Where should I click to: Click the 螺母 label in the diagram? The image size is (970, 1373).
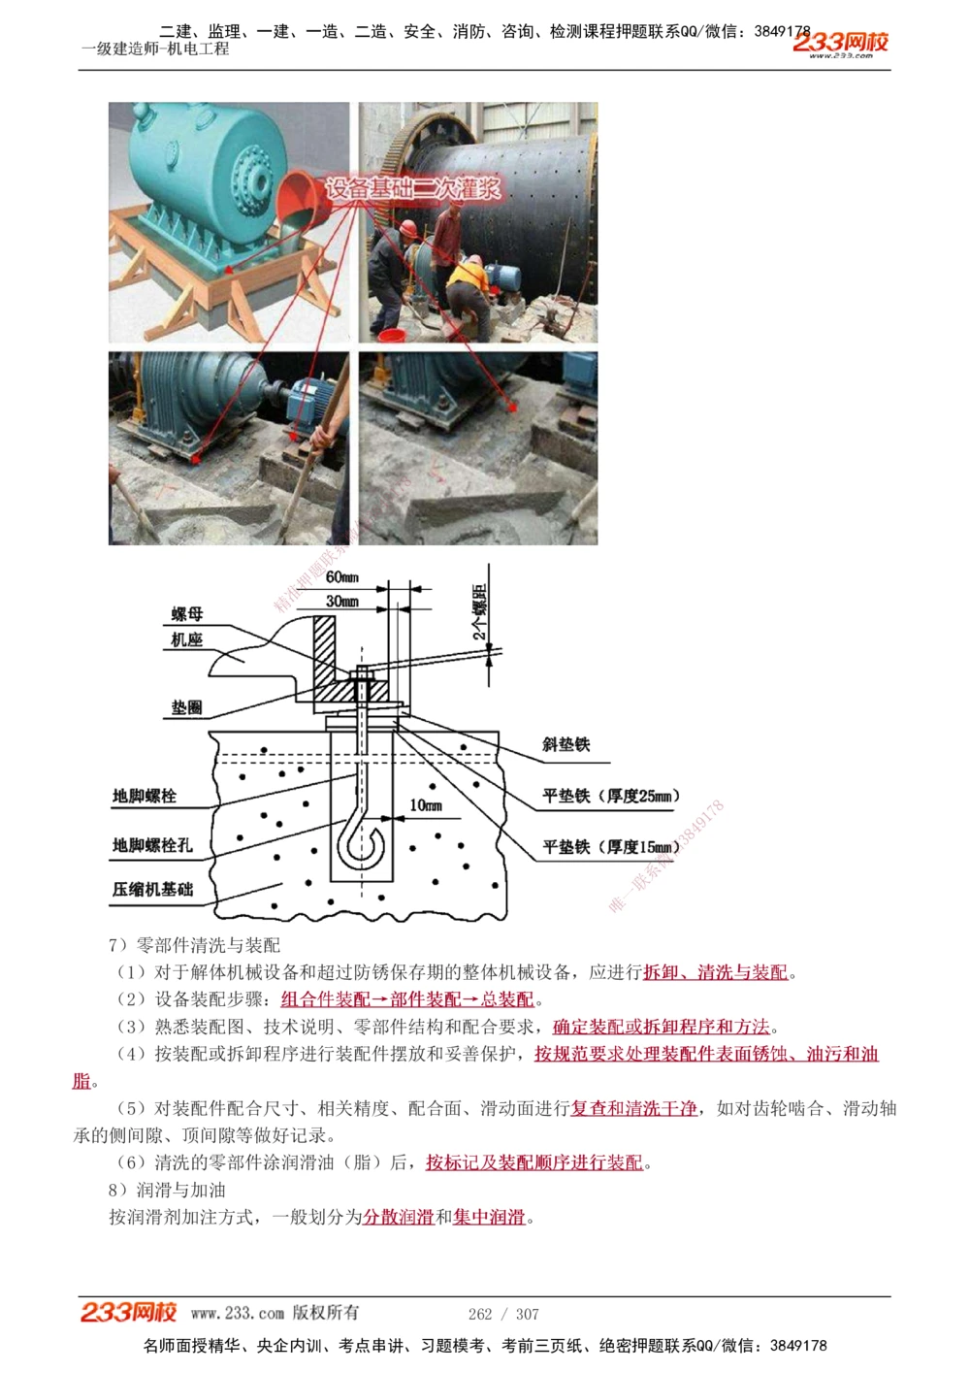pyautogui.click(x=187, y=614)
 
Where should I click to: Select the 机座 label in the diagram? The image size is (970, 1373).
pyautogui.click(x=187, y=639)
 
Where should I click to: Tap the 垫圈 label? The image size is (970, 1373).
pyautogui.click(x=187, y=707)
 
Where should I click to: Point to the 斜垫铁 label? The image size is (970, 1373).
pyautogui.click(x=566, y=744)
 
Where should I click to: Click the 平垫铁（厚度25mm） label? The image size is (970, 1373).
pyautogui.click(x=611, y=796)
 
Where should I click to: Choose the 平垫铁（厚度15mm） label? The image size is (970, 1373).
pyautogui.click(x=611, y=846)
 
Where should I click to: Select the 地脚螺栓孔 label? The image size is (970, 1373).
pyautogui.click(x=152, y=845)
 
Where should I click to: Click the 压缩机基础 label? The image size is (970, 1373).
pyautogui.click(x=152, y=889)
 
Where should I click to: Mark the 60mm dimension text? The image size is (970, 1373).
pyautogui.click(x=341, y=577)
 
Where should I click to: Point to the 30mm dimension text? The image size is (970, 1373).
pyautogui.click(x=341, y=602)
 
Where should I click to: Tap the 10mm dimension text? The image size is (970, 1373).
pyautogui.click(x=425, y=805)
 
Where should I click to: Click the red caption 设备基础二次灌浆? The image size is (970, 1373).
pyautogui.click(x=413, y=188)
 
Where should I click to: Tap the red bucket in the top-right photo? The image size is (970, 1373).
pyautogui.click(x=391, y=335)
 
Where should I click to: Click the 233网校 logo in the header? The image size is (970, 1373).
pyautogui.click(x=840, y=43)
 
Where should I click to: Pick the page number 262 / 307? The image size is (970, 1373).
pyautogui.click(x=503, y=1314)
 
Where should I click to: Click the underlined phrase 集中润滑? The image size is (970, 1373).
pyautogui.click(x=489, y=1217)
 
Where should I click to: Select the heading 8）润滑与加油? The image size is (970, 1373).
pyautogui.click(x=167, y=1190)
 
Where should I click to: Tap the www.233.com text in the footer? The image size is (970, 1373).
pyautogui.click(x=237, y=1313)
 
